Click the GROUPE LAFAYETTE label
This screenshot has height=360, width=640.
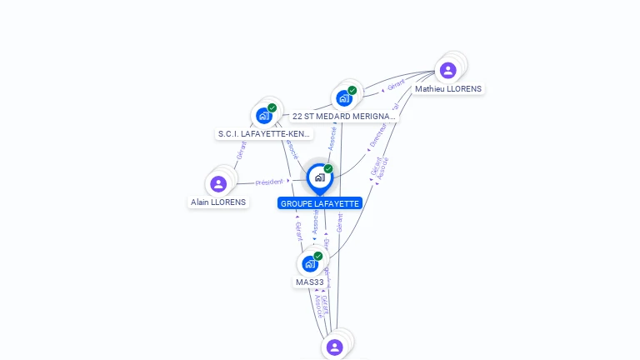point(320,203)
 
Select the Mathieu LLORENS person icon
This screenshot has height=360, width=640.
point(447,70)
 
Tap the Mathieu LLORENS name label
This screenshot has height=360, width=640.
point(448,88)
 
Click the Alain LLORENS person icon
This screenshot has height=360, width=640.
point(218,183)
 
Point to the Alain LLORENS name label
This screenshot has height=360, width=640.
point(218,202)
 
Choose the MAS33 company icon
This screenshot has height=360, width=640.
point(310,264)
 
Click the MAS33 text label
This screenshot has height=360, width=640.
point(309,282)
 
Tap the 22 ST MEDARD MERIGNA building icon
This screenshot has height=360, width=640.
point(343,98)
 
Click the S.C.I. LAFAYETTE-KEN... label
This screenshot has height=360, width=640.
point(264,133)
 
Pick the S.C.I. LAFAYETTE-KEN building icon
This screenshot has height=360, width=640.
point(263,116)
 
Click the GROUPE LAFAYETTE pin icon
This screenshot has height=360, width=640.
point(319,177)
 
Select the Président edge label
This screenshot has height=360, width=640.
point(269,181)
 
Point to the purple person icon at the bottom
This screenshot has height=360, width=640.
point(334,347)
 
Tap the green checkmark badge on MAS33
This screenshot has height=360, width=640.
point(318,256)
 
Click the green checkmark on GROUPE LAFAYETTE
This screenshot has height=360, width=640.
point(328,169)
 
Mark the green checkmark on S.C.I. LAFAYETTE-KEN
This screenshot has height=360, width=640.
point(272,107)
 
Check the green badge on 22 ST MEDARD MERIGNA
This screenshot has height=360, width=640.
point(352,90)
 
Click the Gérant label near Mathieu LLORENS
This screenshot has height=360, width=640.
point(396,83)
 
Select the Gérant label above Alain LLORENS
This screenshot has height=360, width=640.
point(242,151)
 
